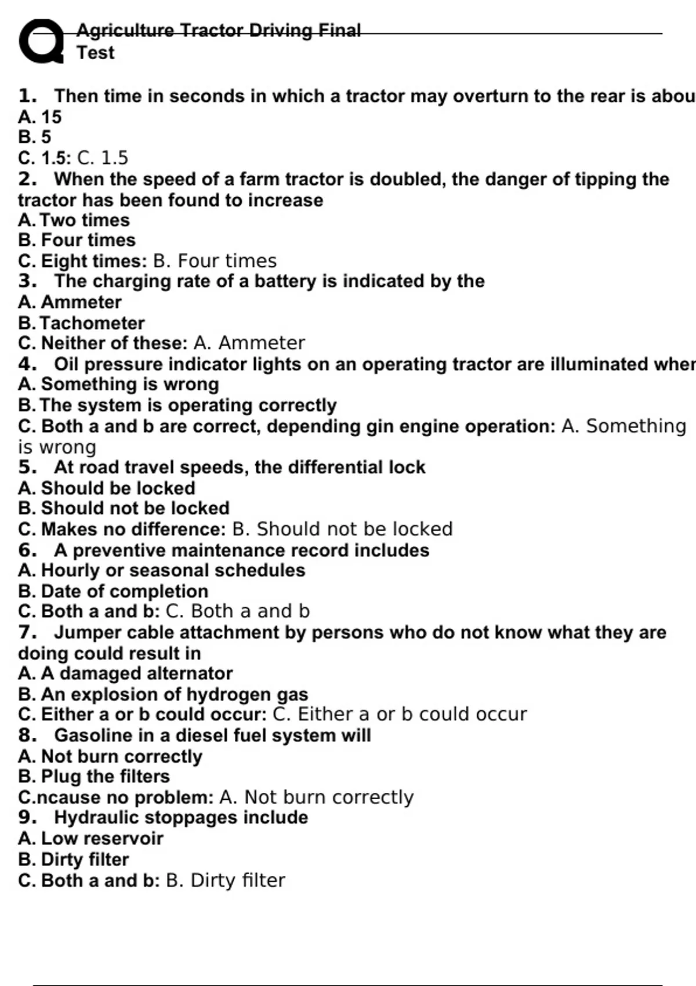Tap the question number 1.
tap(27, 96)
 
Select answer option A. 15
tap(39, 117)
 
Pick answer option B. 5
tap(34, 137)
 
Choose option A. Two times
tap(74, 220)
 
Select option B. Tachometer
tap(81, 323)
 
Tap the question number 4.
tap(27, 364)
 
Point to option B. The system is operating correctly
tap(177, 405)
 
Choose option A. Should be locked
tap(106, 488)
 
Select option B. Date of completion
tap(113, 592)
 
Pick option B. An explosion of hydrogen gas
tap(163, 694)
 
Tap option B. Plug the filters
tap(94, 777)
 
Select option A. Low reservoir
tap(90, 839)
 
